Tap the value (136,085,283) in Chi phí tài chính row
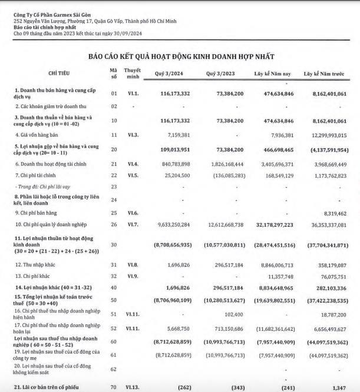(x=223, y=175)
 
